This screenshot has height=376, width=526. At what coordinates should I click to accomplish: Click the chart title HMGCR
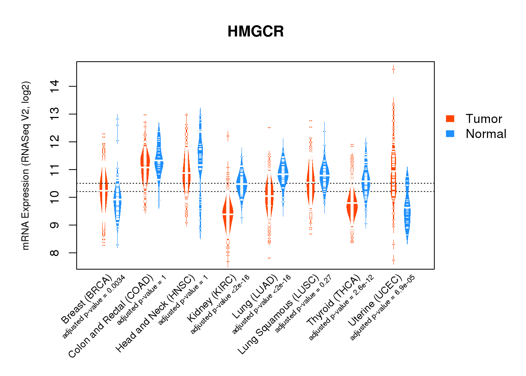pos(255,32)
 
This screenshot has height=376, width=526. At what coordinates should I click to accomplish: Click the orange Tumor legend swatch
pos(450,119)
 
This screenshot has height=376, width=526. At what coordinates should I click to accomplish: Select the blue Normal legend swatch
pos(450,133)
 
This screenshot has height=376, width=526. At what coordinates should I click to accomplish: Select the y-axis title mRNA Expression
pos(26,165)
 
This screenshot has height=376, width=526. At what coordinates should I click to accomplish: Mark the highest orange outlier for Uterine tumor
pos(393,69)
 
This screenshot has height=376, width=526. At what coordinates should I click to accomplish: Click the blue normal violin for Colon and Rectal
pos(159,160)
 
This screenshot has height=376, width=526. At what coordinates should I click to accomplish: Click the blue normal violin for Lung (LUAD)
pos(283,173)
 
